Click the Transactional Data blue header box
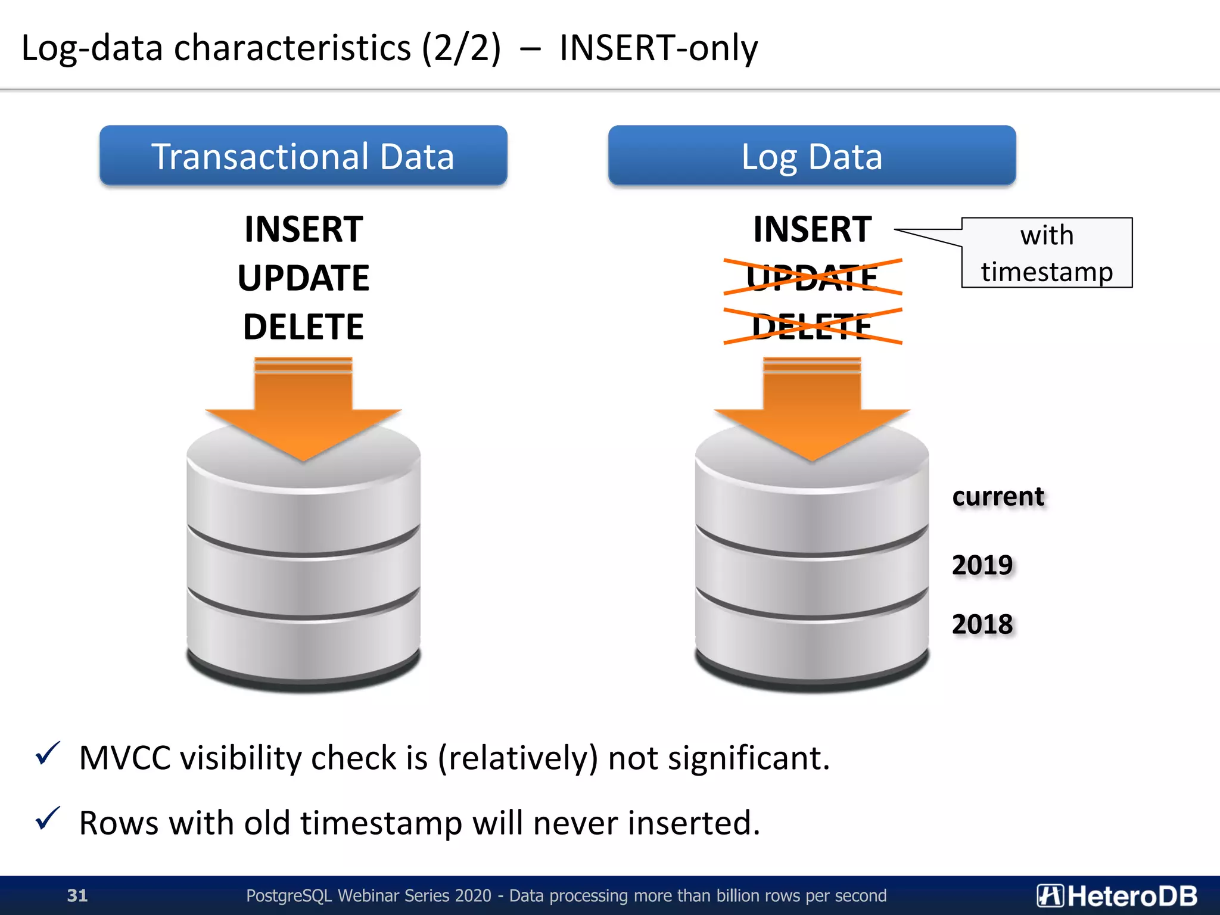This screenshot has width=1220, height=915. (303, 156)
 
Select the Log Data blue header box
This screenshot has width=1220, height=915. (811, 156)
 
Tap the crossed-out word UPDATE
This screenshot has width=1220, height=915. (812, 278)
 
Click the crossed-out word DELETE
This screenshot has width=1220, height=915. (812, 326)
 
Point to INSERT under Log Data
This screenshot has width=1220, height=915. (812, 229)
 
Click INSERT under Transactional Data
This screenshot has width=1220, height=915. (303, 229)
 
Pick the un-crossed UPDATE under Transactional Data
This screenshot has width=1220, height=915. (303, 278)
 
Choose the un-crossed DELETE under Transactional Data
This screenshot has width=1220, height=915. (303, 327)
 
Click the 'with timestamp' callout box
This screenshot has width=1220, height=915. (1047, 253)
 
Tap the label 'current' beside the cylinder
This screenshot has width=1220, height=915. (998, 496)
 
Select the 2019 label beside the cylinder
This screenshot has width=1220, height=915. (982, 565)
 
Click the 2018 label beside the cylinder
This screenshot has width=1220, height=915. (982, 624)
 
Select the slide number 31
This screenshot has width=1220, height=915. (77, 895)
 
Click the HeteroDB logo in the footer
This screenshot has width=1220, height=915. (1117, 895)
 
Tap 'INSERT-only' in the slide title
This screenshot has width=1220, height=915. (658, 48)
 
